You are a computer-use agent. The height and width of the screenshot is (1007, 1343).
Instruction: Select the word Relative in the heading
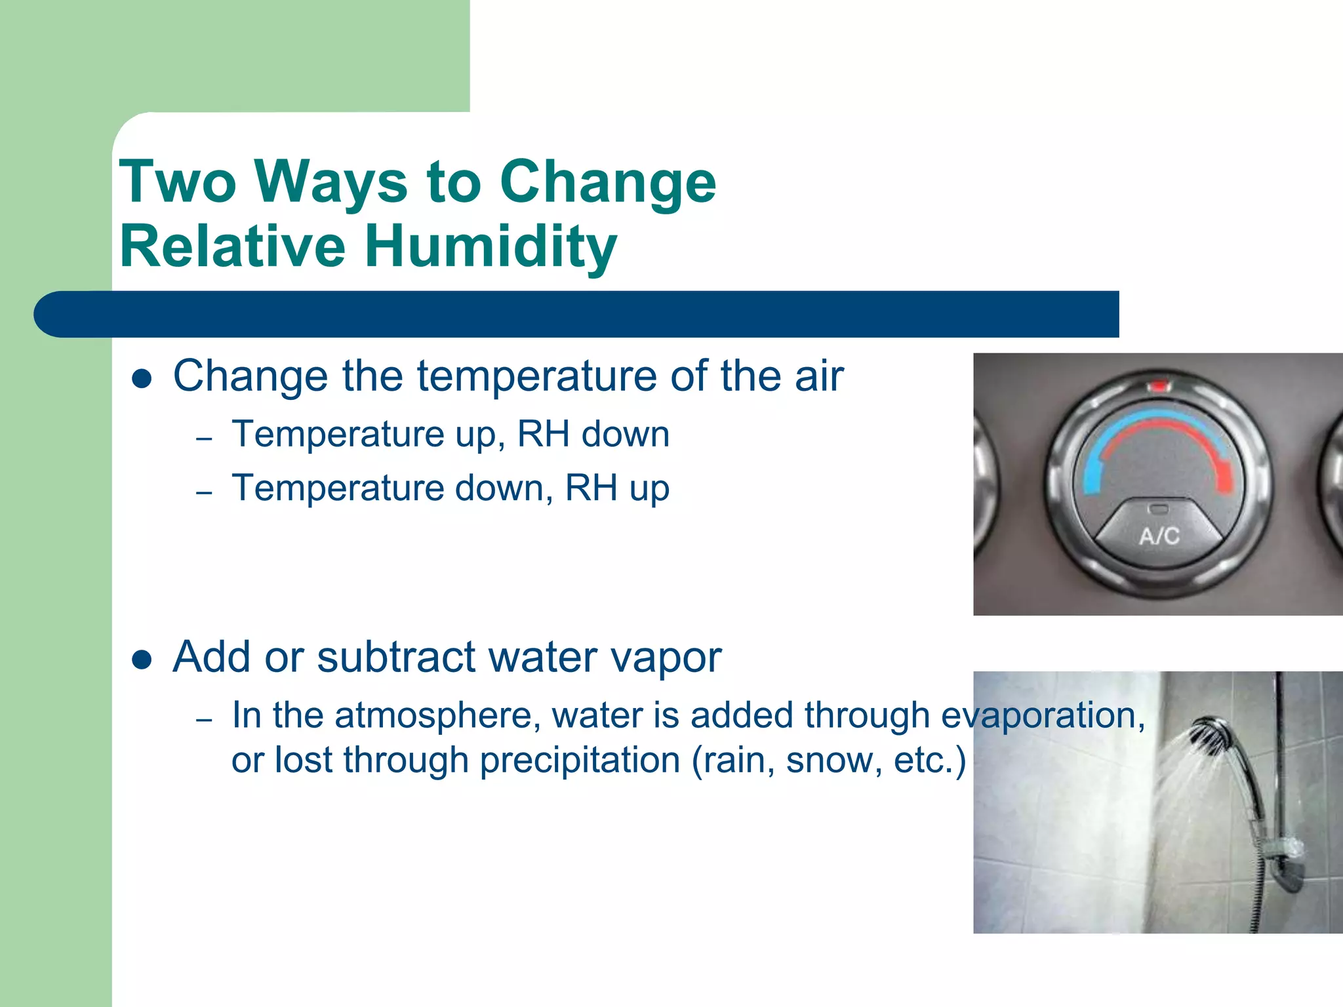[x=233, y=247]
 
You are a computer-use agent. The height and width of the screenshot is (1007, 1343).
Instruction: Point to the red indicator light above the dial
[x=1159, y=386]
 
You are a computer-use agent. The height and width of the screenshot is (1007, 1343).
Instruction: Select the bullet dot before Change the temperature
[x=142, y=378]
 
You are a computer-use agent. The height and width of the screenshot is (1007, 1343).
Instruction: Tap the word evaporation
[x=1043, y=716]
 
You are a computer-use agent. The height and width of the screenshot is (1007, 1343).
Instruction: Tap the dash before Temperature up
[x=204, y=438]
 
